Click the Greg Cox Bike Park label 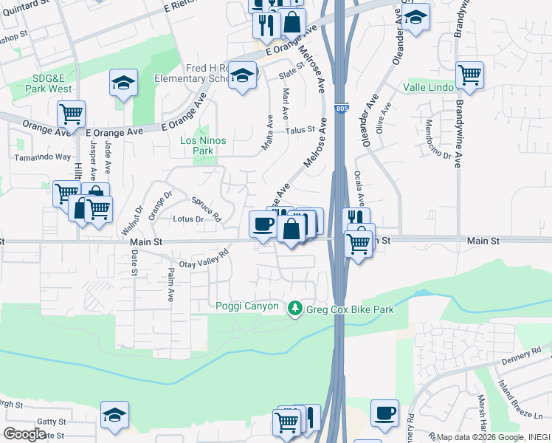tap(351, 309)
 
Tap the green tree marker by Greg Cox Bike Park tap(295, 307)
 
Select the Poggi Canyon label tap(247, 306)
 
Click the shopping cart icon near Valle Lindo tap(469, 74)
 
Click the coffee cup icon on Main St tap(261, 223)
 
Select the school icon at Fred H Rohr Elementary tap(242, 75)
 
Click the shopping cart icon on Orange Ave tap(71, 114)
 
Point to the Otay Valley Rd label tap(204, 259)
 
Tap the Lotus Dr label tap(187, 219)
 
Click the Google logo tap(24, 434)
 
